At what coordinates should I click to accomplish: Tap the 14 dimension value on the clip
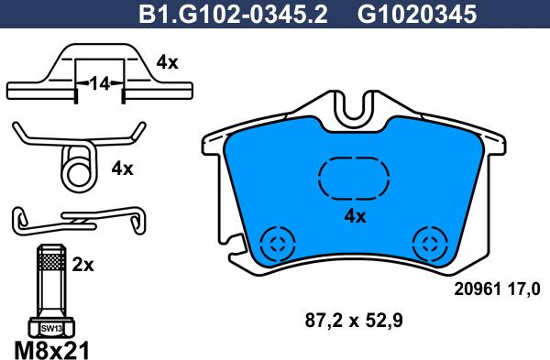[x=97, y=83]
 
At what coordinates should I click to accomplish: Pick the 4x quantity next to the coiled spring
[x=122, y=169]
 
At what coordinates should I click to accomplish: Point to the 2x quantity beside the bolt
[x=82, y=267]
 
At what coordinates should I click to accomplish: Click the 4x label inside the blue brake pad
[x=354, y=216]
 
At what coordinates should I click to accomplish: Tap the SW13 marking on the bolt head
[x=49, y=327]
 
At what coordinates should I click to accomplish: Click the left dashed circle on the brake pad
[x=276, y=243]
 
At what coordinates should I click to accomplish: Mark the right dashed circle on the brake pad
[x=427, y=243]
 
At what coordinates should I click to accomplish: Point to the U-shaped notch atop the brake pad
[x=352, y=109]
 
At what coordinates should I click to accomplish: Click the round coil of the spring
[x=76, y=169]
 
